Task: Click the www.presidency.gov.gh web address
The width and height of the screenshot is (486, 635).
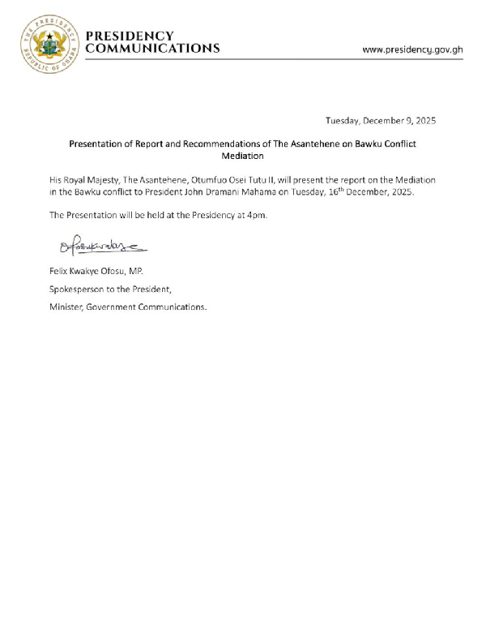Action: click(x=412, y=49)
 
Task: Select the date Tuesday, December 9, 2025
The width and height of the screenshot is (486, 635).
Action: click(x=381, y=121)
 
